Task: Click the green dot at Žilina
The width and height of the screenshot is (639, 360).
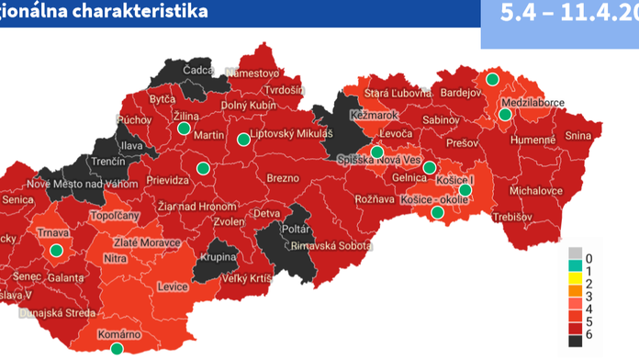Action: pos(183,129)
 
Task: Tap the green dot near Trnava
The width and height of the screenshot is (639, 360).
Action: pos(57,250)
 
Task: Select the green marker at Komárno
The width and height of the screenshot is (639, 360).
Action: pos(117,350)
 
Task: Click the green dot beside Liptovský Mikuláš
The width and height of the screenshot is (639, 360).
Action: pos(242,140)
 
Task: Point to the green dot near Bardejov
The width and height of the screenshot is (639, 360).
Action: pos(493,79)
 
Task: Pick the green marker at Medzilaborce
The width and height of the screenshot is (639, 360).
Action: pos(505,115)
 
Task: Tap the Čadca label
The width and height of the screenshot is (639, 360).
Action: pos(198,70)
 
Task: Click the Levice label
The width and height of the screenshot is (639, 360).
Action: pos(173,287)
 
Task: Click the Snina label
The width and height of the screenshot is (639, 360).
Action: pos(579,136)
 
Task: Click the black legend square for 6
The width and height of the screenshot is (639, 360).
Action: pos(575,340)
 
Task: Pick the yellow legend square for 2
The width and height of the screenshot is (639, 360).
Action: pos(575,282)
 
